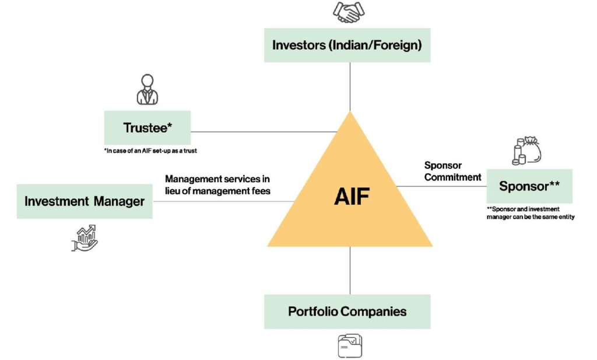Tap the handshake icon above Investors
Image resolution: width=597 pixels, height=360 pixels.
349,12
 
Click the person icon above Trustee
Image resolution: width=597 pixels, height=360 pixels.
148,89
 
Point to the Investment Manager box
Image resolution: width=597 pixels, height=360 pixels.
84,201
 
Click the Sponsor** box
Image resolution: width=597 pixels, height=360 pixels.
529,187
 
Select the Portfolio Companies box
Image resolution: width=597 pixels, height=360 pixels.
347,311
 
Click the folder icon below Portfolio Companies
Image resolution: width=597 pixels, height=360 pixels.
349,345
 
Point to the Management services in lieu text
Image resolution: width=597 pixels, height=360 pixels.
217,184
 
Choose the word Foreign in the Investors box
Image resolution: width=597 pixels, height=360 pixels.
396,45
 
